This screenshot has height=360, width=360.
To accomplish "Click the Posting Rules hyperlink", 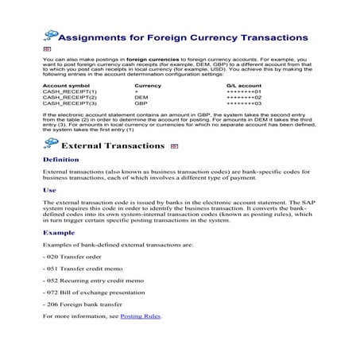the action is (x=140, y=316).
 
